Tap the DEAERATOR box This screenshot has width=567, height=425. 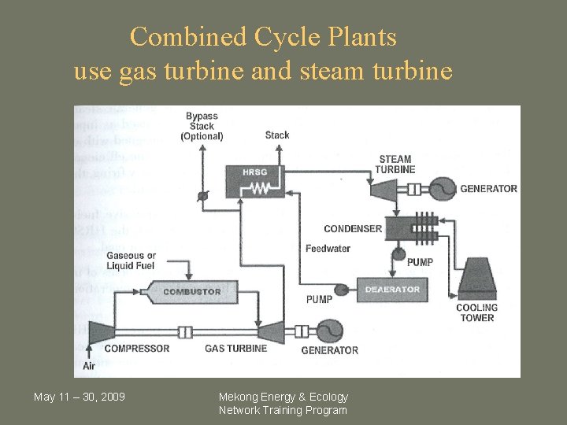click(391, 290)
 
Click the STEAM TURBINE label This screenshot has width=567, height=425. click(395, 164)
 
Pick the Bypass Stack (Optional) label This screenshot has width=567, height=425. click(202, 127)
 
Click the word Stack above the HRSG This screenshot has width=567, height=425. click(277, 135)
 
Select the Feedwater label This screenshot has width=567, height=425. click(328, 249)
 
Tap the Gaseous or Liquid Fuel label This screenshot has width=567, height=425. click(132, 261)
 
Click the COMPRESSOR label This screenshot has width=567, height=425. click(137, 348)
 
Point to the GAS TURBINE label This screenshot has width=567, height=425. click(236, 348)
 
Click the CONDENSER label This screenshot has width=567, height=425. click(353, 229)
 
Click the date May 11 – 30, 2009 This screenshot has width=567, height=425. click(79, 396)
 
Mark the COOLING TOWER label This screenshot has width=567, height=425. click(476, 312)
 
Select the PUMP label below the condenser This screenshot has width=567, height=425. click(420, 262)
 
